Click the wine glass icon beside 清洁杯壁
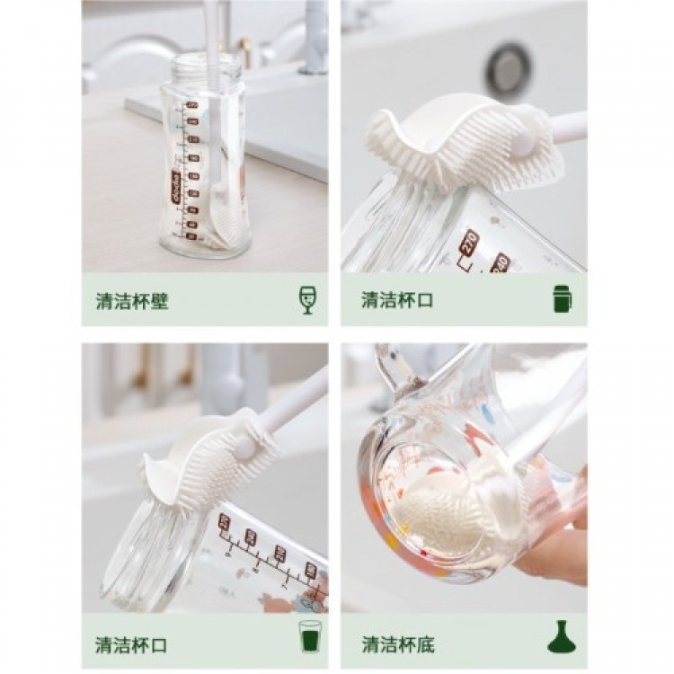tap(307, 299)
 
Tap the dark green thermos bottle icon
tap(563, 298)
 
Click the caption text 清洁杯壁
tap(132, 301)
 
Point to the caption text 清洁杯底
tap(398, 644)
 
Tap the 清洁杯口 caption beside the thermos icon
tap(397, 300)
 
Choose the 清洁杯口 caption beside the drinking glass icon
tap(132, 644)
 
